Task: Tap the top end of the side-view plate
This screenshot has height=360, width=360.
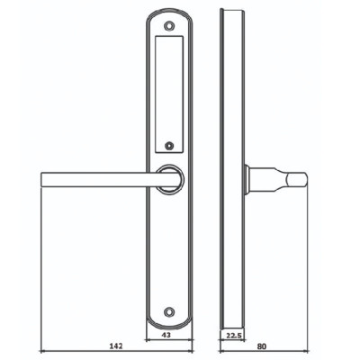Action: [232, 13]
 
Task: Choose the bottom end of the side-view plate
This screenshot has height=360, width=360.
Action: [232, 324]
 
